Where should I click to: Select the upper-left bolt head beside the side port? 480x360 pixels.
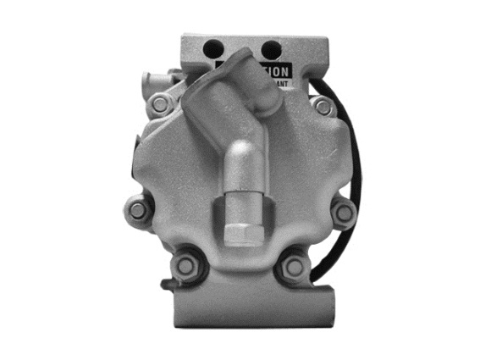click(x=159, y=104)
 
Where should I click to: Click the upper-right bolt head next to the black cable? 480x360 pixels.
click(x=323, y=107)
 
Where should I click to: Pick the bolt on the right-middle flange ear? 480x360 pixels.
click(x=344, y=212)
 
